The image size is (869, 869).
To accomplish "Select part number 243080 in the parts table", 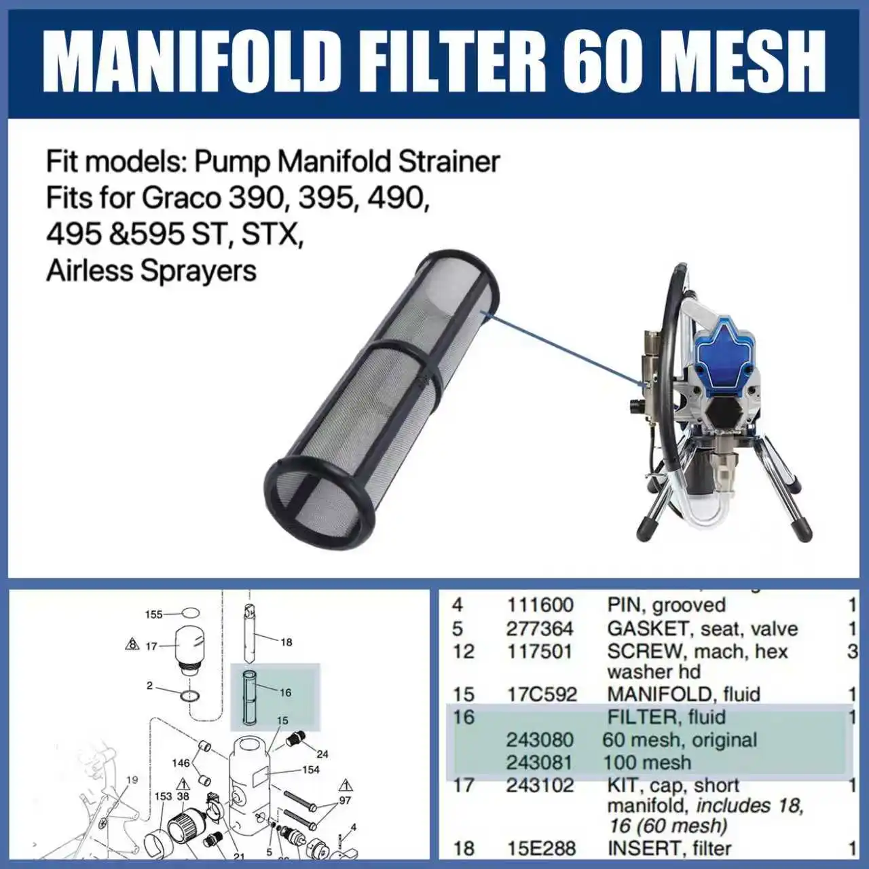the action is (539, 739).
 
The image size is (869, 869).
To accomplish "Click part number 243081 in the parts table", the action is (539, 762).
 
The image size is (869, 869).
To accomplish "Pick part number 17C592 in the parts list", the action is (541, 694).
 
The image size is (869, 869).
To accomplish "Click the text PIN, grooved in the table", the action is (666, 605).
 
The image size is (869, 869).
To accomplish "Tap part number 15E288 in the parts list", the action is (542, 848).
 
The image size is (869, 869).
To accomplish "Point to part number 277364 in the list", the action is (539, 628).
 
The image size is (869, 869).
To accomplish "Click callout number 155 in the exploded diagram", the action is (154, 614).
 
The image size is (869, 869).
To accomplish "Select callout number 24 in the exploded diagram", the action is (322, 754).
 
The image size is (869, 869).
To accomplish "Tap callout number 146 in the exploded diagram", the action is (181, 763).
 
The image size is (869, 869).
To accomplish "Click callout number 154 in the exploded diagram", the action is (311, 769).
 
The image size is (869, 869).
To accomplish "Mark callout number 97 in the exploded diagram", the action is (345, 800).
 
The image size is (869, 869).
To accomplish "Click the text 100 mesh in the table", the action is (647, 762).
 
